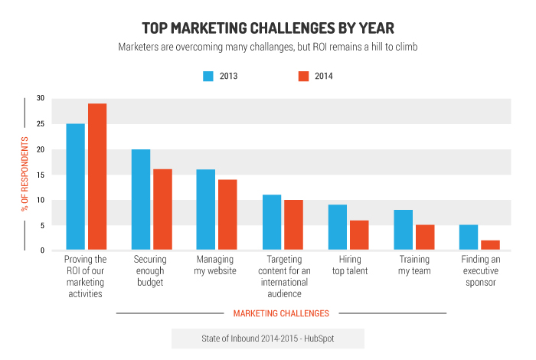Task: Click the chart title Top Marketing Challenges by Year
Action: click(x=268, y=28)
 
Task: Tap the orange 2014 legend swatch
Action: click(x=302, y=76)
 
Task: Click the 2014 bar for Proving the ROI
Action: click(x=97, y=176)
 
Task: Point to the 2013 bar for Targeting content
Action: click(x=272, y=222)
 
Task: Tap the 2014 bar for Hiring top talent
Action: click(x=359, y=234)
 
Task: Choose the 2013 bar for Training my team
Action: click(x=404, y=230)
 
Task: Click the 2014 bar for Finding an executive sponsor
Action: click(x=491, y=245)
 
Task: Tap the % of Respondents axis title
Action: click(x=25, y=175)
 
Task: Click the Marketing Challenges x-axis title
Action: click(x=281, y=313)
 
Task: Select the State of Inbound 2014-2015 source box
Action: click(x=267, y=338)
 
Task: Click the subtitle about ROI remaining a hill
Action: click(x=268, y=47)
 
